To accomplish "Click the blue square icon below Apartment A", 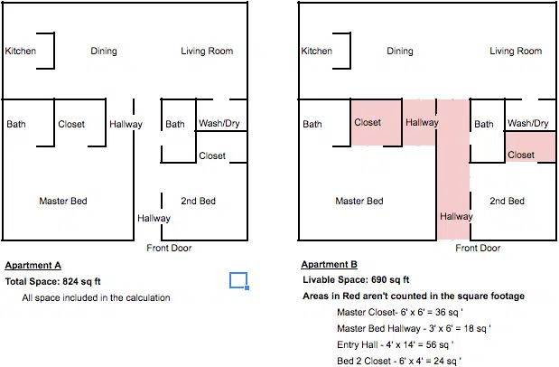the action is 238,280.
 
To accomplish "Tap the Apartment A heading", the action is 33,265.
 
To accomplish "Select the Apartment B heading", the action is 329,264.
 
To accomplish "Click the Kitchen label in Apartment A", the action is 21,51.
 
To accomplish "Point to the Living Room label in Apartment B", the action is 516,51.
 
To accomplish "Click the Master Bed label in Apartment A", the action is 63,201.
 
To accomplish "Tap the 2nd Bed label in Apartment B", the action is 507,201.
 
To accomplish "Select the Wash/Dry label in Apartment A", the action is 219,124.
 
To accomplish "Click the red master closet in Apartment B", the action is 377,123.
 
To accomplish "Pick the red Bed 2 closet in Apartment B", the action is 530,146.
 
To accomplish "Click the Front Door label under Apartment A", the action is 170,248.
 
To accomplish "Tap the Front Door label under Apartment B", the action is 478,248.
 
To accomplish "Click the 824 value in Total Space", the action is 70,281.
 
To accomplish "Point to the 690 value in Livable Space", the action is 379,279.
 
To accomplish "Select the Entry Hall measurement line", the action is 396,345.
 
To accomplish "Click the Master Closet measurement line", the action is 400,313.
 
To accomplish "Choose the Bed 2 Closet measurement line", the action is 399,361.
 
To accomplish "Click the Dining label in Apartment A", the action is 104,51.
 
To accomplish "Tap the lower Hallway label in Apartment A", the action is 154,218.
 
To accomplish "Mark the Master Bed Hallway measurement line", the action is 414,328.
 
